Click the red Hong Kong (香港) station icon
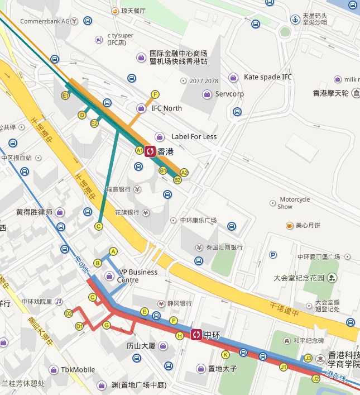pos(150,151)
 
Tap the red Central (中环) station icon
pos(196,335)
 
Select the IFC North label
pos(166,108)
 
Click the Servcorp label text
pos(229,94)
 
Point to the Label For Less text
pos(194,136)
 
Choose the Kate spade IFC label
pos(267,77)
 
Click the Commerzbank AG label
pos(45,21)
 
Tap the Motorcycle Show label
pos(294,203)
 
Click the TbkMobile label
pos(78,369)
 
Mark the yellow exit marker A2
pos(184,173)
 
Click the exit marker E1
pos(65,96)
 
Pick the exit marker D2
pos(69,313)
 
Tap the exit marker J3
pos(308,358)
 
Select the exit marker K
pos(225,354)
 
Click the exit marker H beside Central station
pos(179,335)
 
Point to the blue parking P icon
pos(273,255)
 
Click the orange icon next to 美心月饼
pos(289,225)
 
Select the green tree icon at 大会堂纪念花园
pos(332,277)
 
